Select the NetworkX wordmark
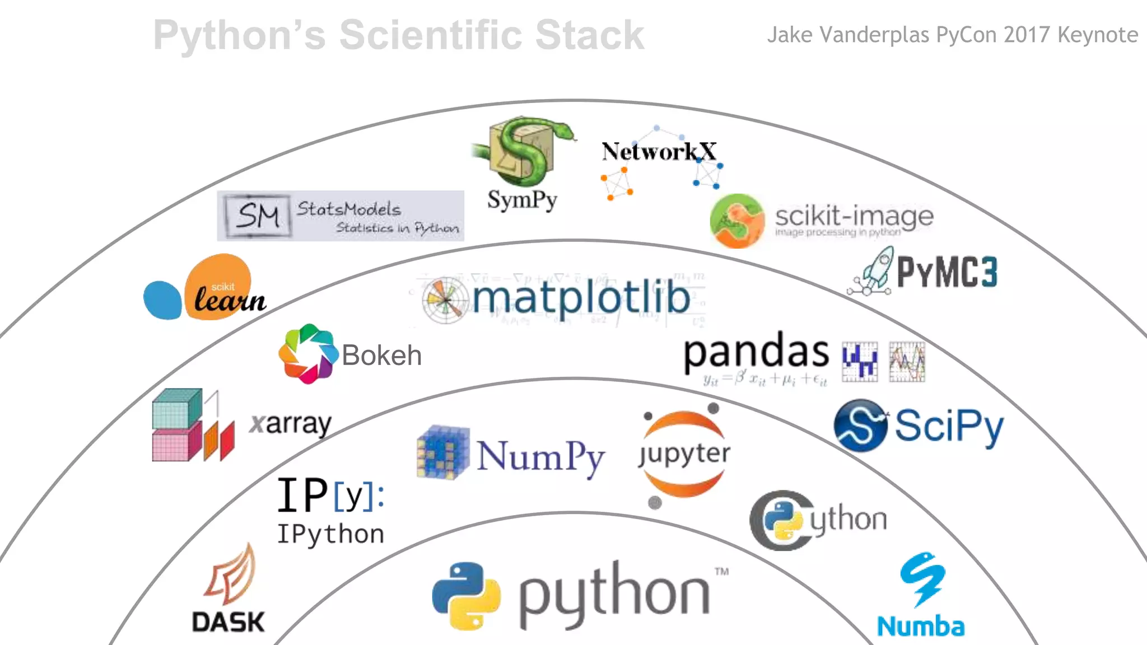659,151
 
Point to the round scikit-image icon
736,221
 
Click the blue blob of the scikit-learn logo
162,300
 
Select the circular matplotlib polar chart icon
445,300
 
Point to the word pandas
756,352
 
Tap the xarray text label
290,424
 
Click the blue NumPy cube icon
442,452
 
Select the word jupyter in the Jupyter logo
684,454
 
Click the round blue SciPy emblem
860,426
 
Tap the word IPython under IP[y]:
330,534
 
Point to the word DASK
228,622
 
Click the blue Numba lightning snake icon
922,579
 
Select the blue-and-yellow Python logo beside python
466,596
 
